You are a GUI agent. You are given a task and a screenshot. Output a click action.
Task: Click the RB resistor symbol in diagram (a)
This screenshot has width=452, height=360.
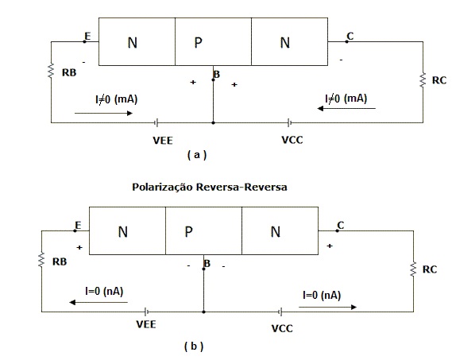(x=51, y=71)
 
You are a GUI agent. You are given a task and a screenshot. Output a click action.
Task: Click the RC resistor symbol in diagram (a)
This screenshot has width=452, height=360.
(x=423, y=80)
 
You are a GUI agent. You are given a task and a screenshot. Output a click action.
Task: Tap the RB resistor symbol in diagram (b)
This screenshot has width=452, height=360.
(x=41, y=260)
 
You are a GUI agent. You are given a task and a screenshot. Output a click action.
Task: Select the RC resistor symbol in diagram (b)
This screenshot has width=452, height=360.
(x=413, y=269)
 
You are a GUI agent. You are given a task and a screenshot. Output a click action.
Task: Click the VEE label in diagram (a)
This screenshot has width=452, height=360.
(x=163, y=141)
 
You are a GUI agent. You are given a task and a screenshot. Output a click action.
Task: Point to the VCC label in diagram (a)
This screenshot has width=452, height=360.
(x=292, y=140)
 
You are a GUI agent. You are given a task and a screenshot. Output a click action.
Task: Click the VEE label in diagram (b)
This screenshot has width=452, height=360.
(x=146, y=324)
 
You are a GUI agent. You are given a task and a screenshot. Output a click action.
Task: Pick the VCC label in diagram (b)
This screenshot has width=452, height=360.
(x=282, y=328)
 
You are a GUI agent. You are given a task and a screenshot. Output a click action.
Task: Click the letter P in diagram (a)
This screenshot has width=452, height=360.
(x=199, y=43)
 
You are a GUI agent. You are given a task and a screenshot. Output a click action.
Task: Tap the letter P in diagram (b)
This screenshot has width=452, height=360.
(x=188, y=231)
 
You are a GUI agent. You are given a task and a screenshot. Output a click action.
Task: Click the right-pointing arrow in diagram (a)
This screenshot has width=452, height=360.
(x=103, y=113)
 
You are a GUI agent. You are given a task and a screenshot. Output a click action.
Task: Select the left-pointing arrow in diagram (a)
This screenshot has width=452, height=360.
(x=346, y=108)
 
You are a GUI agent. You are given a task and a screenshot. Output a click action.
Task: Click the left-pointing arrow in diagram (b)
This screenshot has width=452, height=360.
(x=99, y=302)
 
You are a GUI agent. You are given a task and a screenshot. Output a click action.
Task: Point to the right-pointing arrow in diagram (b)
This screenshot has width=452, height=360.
(x=328, y=307)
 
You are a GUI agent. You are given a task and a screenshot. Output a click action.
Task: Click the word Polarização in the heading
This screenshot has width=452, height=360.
(x=162, y=188)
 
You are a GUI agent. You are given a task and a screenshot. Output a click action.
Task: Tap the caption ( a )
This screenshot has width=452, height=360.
(x=197, y=155)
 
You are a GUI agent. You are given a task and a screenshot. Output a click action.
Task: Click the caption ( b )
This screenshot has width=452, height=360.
(x=194, y=346)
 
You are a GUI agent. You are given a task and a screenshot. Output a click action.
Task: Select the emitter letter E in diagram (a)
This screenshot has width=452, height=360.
(x=87, y=36)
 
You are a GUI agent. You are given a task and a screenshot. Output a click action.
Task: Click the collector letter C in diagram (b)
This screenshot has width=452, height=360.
(x=341, y=225)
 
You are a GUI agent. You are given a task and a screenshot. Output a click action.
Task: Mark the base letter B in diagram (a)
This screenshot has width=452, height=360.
(x=217, y=75)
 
